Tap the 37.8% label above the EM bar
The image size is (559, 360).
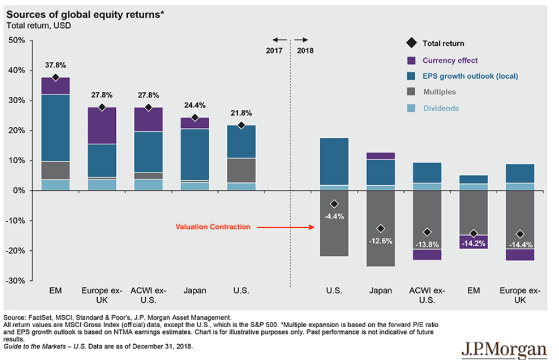tap(55, 65)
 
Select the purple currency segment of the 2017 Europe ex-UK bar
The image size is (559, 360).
tap(102, 126)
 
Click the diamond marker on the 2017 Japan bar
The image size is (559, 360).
tap(196, 117)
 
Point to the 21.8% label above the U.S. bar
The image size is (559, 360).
tap(242, 113)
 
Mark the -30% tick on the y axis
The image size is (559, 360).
tap(16, 281)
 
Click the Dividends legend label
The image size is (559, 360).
tap(441, 108)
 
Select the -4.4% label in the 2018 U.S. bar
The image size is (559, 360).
tap(333, 216)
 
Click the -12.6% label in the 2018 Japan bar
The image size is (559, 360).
tap(380, 240)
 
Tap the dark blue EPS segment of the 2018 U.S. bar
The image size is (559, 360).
tap(333, 161)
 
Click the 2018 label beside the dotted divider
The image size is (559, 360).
tap(305, 50)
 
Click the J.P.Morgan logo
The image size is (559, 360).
tap(504, 348)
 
